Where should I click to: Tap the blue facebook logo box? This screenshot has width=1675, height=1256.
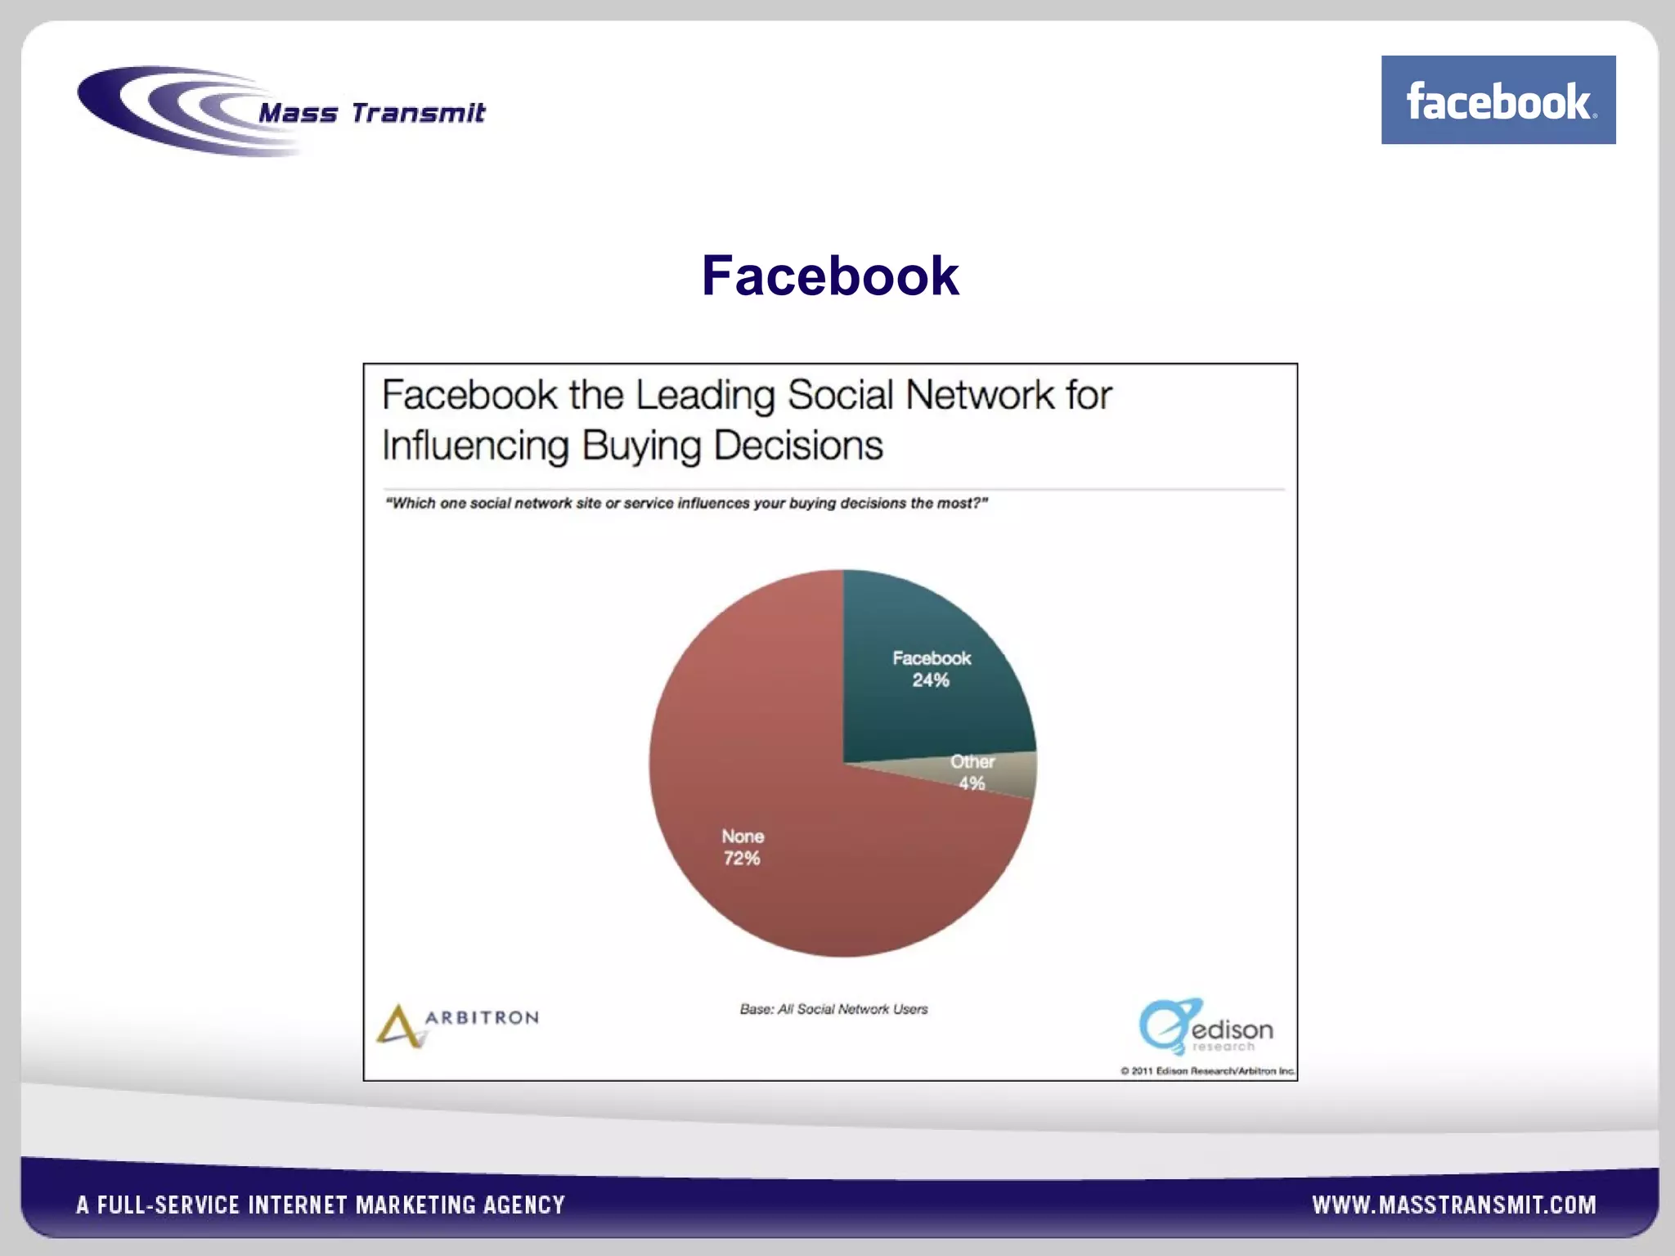pyautogui.click(x=1498, y=100)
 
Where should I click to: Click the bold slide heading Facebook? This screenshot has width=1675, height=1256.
pyautogui.click(x=829, y=276)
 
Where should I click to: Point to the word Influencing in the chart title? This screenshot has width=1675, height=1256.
pyautogui.click(x=475, y=446)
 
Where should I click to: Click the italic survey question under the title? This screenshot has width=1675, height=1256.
pyautogui.click(x=686, y=503)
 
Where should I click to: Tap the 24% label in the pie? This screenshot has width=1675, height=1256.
pyautogui.click(x=931, y=680)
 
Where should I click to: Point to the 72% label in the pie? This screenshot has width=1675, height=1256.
pyautogui.click(x=742, y=859)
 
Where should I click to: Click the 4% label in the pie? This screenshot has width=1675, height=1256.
pyautogui.click(x=972, y=783)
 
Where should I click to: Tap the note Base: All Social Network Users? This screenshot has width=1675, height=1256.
pyautogui.click(x=833, y=1009)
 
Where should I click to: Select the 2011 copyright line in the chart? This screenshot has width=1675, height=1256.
pyautogui.click(x=1207, y=1070)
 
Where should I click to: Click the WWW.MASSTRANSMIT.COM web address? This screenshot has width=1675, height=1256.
pyautogui.click(x=1453, y=1204)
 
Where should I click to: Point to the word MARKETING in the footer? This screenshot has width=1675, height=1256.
pyautogui.click(x=415, y=1204)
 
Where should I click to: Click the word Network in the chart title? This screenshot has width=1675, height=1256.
pyautogui.click(x=980, y=395)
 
